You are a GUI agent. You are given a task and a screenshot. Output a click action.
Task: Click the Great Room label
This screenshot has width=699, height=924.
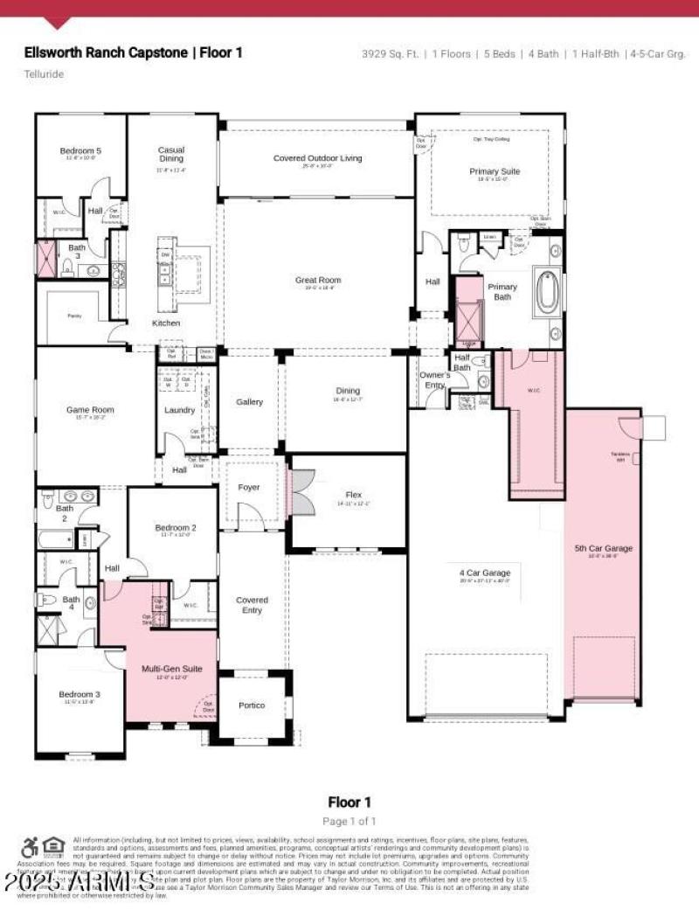click(318, 281)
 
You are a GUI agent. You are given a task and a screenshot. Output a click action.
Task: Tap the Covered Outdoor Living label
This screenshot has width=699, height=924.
click(317, 158)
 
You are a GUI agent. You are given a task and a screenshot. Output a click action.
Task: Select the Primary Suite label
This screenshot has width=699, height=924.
click(495, 171)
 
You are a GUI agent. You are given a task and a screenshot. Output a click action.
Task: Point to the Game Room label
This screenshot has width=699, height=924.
click(91, 409)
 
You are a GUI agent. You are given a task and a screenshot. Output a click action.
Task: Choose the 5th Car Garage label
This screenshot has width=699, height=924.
click(603, 548)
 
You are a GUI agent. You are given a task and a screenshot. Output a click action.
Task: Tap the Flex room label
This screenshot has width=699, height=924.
click(354, 495)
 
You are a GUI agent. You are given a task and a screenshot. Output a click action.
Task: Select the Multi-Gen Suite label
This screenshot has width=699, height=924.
click(172, 668)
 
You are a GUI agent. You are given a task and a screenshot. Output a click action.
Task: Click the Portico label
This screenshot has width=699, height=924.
click(252, 705)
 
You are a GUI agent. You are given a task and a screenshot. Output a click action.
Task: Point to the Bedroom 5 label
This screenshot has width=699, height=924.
click(80, 151)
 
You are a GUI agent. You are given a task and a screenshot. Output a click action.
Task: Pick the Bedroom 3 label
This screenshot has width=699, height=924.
click(80, 694)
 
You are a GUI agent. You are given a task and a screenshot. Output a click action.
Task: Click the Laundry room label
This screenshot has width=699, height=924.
click(180, 410)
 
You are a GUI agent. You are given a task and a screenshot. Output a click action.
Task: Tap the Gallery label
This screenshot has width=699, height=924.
click(249, 402)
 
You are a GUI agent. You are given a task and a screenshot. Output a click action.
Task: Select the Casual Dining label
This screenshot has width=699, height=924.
click(171, 154)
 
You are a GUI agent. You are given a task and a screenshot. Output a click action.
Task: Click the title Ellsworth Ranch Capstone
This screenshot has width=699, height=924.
click(105, 52)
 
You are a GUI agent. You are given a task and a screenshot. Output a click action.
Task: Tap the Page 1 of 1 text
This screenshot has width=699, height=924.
click(349, 821)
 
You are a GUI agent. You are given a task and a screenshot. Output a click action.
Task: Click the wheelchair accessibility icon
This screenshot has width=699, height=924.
click(29, 846)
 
